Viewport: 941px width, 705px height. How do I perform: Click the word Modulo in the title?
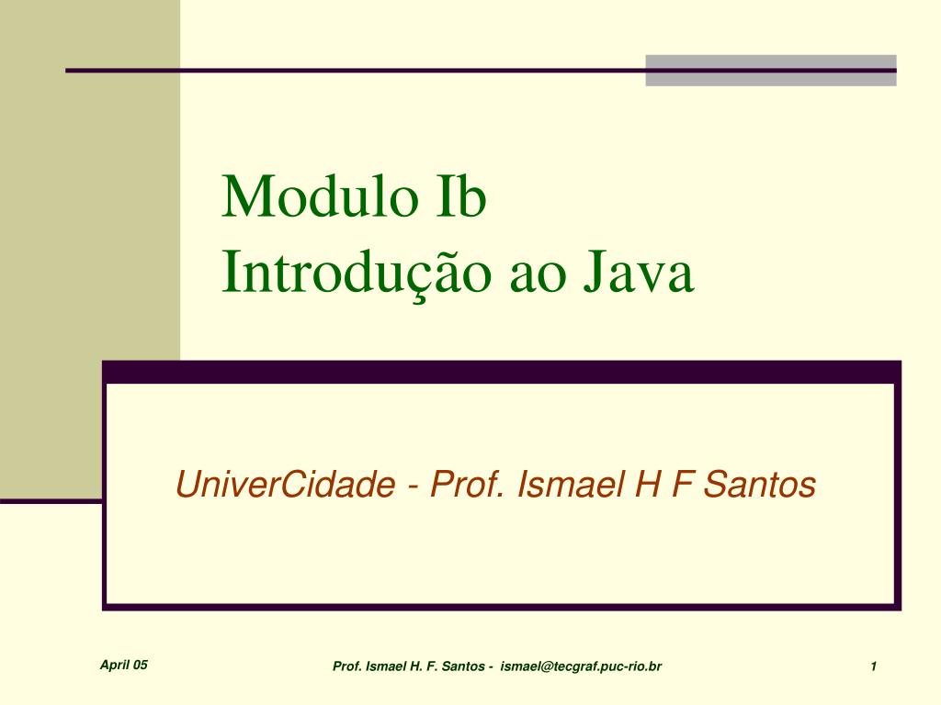click(320, 196)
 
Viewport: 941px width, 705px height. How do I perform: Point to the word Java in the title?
click(639, 273)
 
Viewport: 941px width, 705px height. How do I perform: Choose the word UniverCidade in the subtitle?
click(286, 485)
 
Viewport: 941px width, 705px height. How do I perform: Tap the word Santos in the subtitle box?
click(759, 485)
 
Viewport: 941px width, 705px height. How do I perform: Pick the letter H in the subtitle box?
click(648, 485)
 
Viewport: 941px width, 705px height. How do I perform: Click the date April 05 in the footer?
click(124, 665)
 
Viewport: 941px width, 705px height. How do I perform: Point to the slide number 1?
click(874, 666)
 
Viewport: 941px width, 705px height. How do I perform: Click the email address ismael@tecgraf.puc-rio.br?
click(581, 666)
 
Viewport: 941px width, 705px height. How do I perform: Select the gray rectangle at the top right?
click(771, 71)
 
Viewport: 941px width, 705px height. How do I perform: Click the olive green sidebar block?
click(90, 180)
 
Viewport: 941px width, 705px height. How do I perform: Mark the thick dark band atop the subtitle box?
click(502, 372)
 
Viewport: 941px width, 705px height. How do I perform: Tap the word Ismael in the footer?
click(385, 666)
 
